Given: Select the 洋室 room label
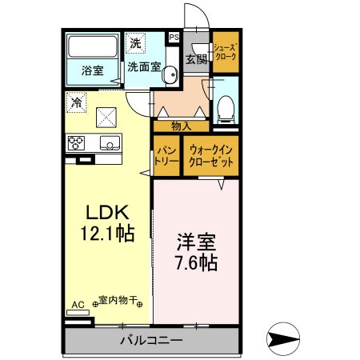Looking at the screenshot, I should [x=194, y=239].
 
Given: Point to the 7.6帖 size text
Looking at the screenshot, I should [x=194, y=261].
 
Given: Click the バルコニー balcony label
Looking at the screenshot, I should [x=150, y=339].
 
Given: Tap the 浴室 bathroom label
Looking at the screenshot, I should [x=91, y=70].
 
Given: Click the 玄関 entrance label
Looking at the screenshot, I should [x=195, y=59].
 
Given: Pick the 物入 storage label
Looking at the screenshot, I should [x=182, y=125].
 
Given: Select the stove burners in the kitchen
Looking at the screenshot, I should [x=78, y=144].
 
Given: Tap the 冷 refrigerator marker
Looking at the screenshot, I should [x=77, y=102].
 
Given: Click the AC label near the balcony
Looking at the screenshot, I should [x=77, y=305].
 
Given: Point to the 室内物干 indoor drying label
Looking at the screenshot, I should [x=118, y=302].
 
